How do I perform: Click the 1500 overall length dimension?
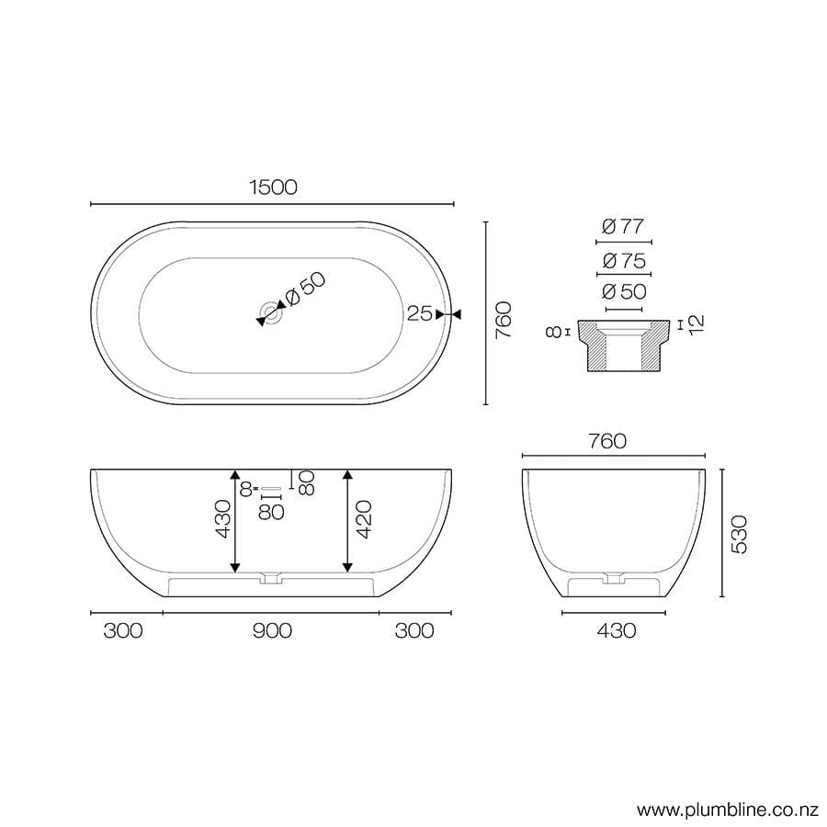pos(272,187)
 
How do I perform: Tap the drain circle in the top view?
pos(271,312)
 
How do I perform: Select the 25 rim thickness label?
pos(419,314)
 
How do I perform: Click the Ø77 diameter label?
pos(624,226)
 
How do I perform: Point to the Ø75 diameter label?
pos(624,261)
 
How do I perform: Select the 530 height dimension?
pos(741,533)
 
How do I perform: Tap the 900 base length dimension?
pos(272,630)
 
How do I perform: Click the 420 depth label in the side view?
pos(363,520)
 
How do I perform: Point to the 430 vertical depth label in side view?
pos(221,520)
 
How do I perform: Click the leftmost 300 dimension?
pos(123,630)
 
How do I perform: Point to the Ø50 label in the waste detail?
pos(624,292)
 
